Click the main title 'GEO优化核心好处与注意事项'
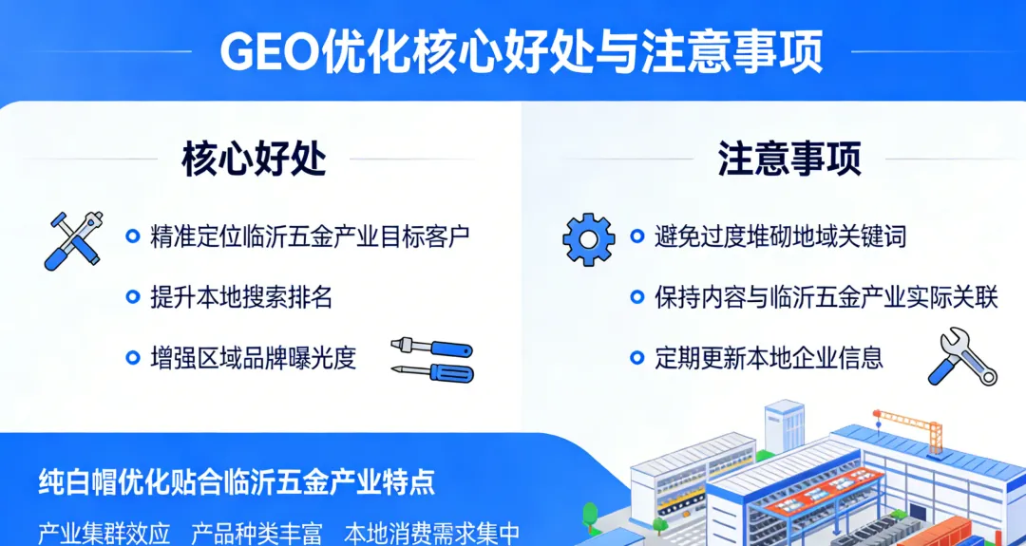[522, 52]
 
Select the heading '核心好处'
[254, 160]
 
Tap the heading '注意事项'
[789, 160]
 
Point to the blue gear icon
[589, 238]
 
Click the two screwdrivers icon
[431, 359]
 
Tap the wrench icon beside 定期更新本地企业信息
[961, 357]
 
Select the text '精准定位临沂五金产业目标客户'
[310, 236]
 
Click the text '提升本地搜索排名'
[241, 297]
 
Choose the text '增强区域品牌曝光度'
[253, 358]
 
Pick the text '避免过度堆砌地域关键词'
[780, 236]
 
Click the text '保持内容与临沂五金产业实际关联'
[826, 297]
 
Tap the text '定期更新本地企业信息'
[769, 358]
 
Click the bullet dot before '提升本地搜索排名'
[133, 297]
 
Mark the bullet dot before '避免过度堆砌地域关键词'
[637, 236]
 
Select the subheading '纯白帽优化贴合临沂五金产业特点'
[237, 481]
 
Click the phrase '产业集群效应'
[104, 533]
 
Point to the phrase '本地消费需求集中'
[432, 533]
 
